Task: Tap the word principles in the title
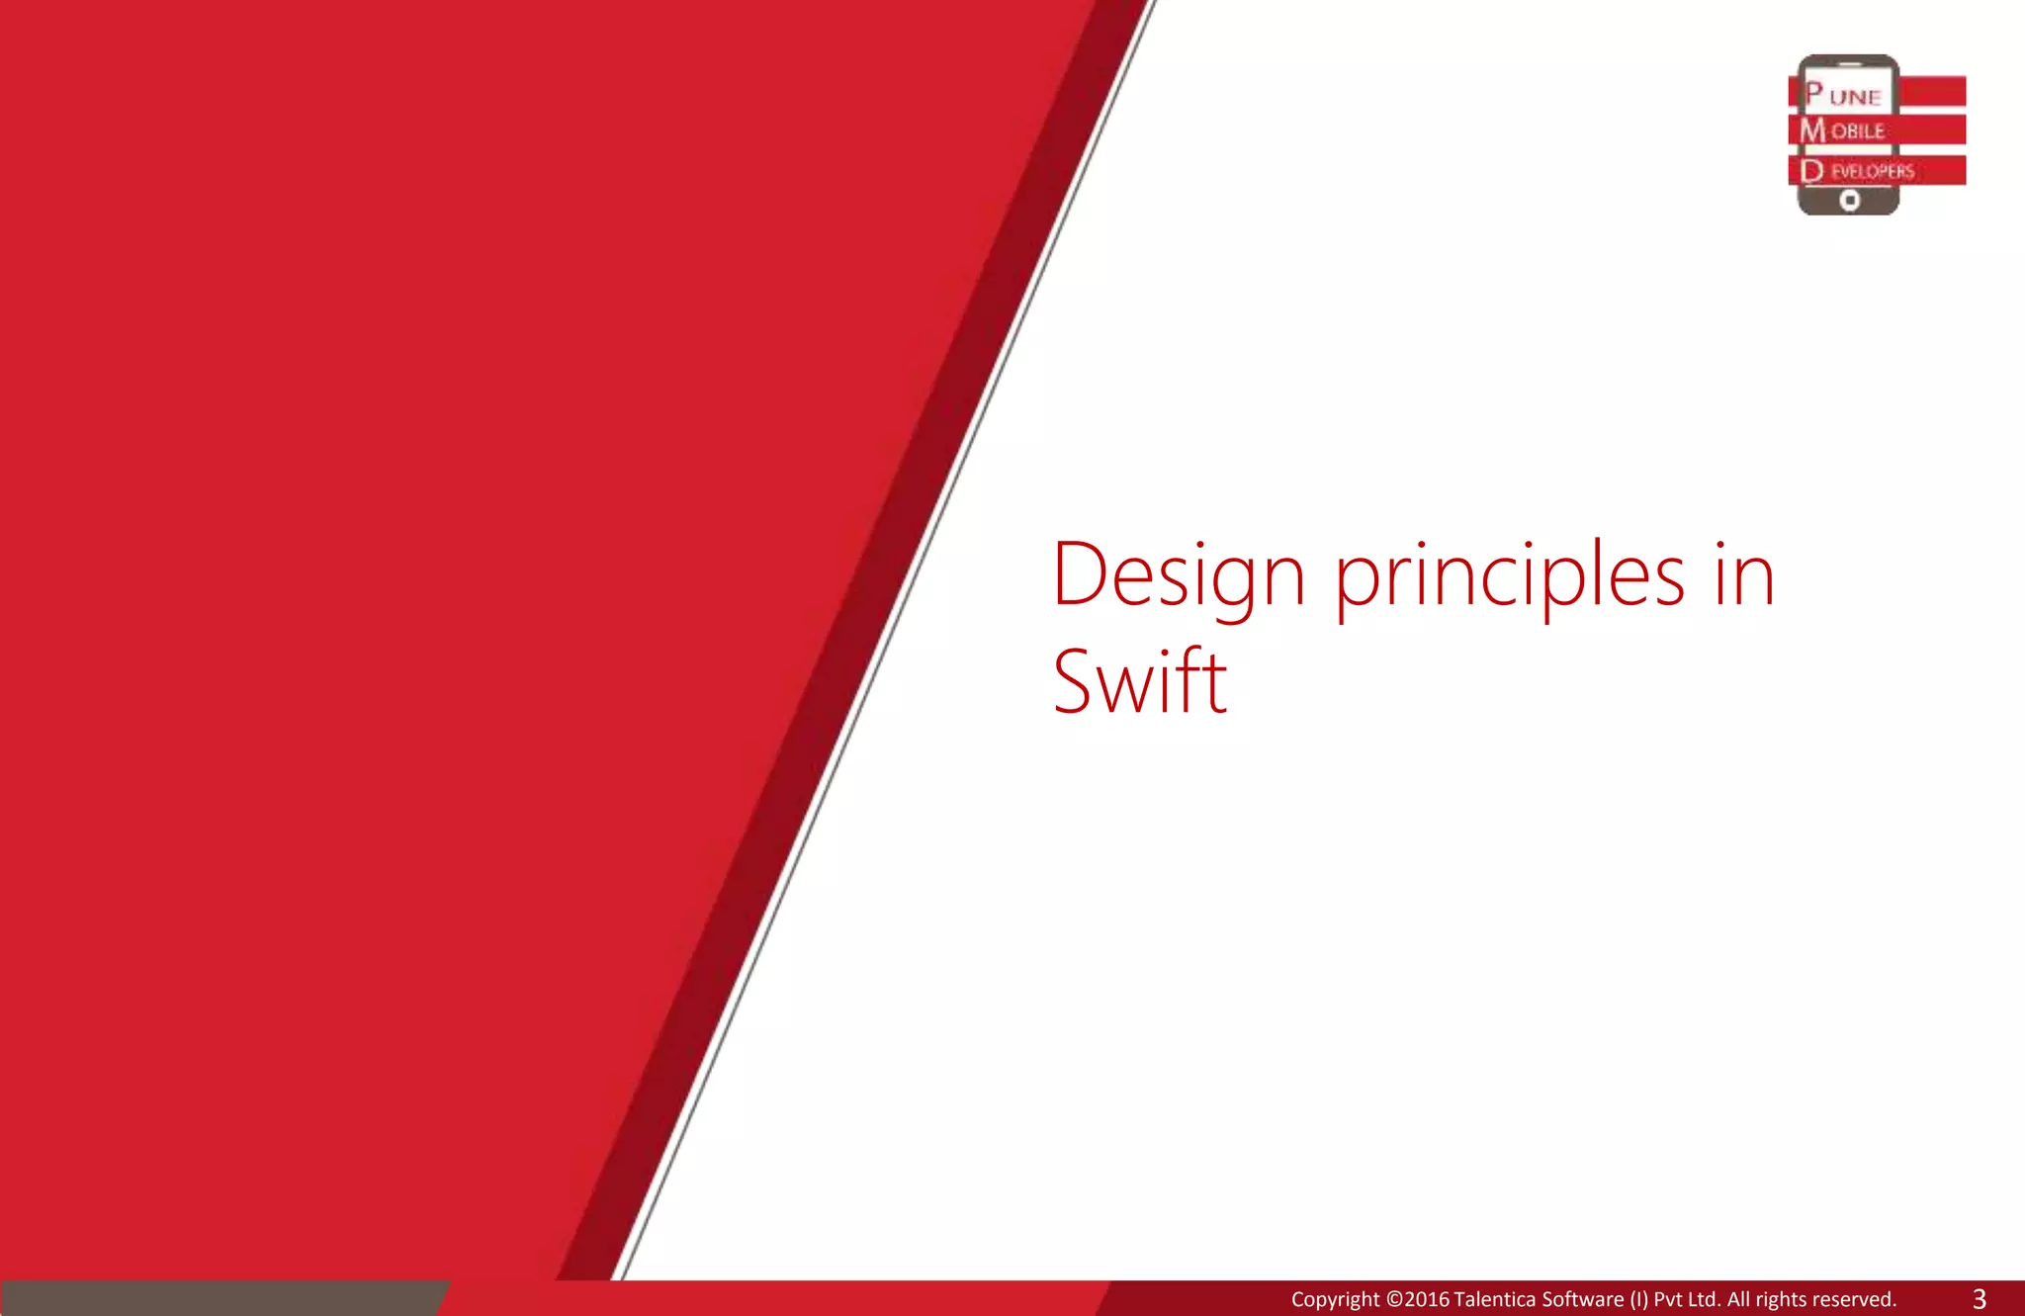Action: point(1510,577)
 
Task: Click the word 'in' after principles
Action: point(1744,575)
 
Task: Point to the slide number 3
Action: point(1979,1298)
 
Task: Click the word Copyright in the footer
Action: point(1334,1299)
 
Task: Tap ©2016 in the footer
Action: point(1418,1299)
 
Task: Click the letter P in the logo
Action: point(1813,93)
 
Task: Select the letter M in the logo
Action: point(1812,131)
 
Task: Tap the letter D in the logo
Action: point(1811,171)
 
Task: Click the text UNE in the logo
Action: point(1855,97)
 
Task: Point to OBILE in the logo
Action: point(1858,132)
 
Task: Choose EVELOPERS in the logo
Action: point(1872,171)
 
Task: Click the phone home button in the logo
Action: point(1850,201)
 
